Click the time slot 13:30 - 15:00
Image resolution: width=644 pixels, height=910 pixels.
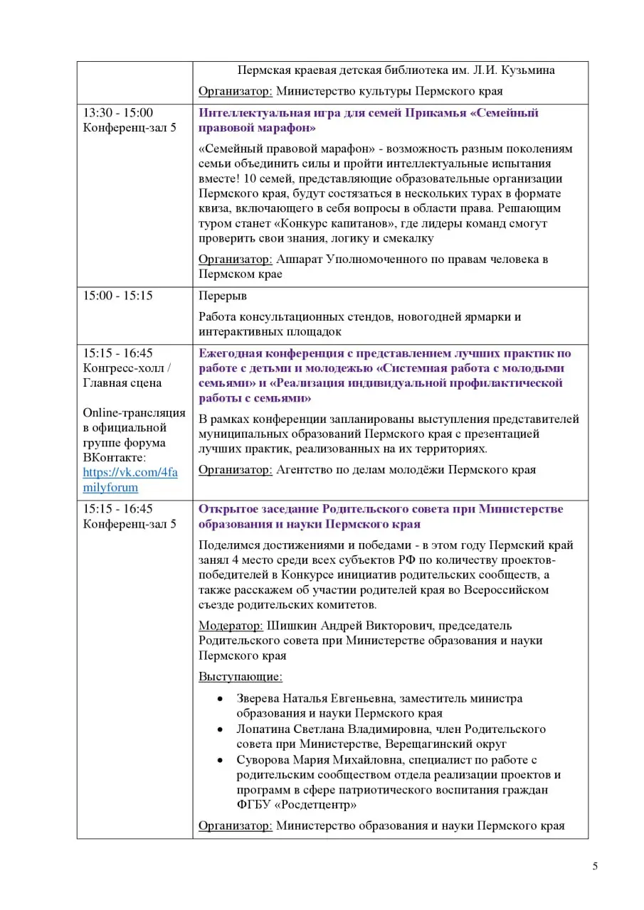(x=118, y=113)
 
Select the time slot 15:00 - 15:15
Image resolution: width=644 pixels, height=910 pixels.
(x=118, y=296)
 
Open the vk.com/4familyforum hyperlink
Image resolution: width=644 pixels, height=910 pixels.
(x=130, y=480)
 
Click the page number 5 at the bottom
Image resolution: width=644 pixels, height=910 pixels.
(x=595, y=866)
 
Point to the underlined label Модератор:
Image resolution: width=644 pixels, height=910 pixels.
(x=231, y=626)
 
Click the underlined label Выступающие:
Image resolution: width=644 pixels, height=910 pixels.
(x=240, y=677)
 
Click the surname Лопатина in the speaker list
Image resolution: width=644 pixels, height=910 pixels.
(x=264, y=729)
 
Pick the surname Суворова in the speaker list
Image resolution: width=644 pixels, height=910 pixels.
(x=263, y=760)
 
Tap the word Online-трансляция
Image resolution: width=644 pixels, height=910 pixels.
(x=134, y=413)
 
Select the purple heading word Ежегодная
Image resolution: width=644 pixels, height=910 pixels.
(x=230, y=353)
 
